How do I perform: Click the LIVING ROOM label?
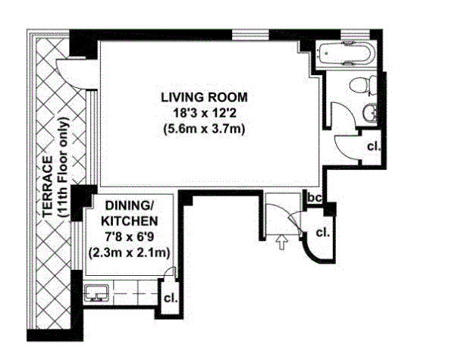coord(204,97)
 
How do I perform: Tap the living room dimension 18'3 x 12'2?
coord(204,113)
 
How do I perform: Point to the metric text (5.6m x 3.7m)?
coord(204,129)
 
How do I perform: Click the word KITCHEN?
coord(130,221)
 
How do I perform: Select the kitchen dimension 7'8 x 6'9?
coord(130,237)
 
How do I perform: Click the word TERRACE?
coord(48,186)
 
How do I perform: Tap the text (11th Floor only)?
coord(64,168)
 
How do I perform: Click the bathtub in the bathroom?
coord(346,54)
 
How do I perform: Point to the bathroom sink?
coord(370,112)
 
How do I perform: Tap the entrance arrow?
coord(282,242)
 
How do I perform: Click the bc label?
coord(315,198)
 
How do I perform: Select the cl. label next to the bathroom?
coord(373,146)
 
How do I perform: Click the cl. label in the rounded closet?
coord(323,233)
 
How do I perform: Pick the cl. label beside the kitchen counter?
coord(171,298)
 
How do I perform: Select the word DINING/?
coord(130,205)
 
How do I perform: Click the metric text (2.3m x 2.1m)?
coord(130,252)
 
